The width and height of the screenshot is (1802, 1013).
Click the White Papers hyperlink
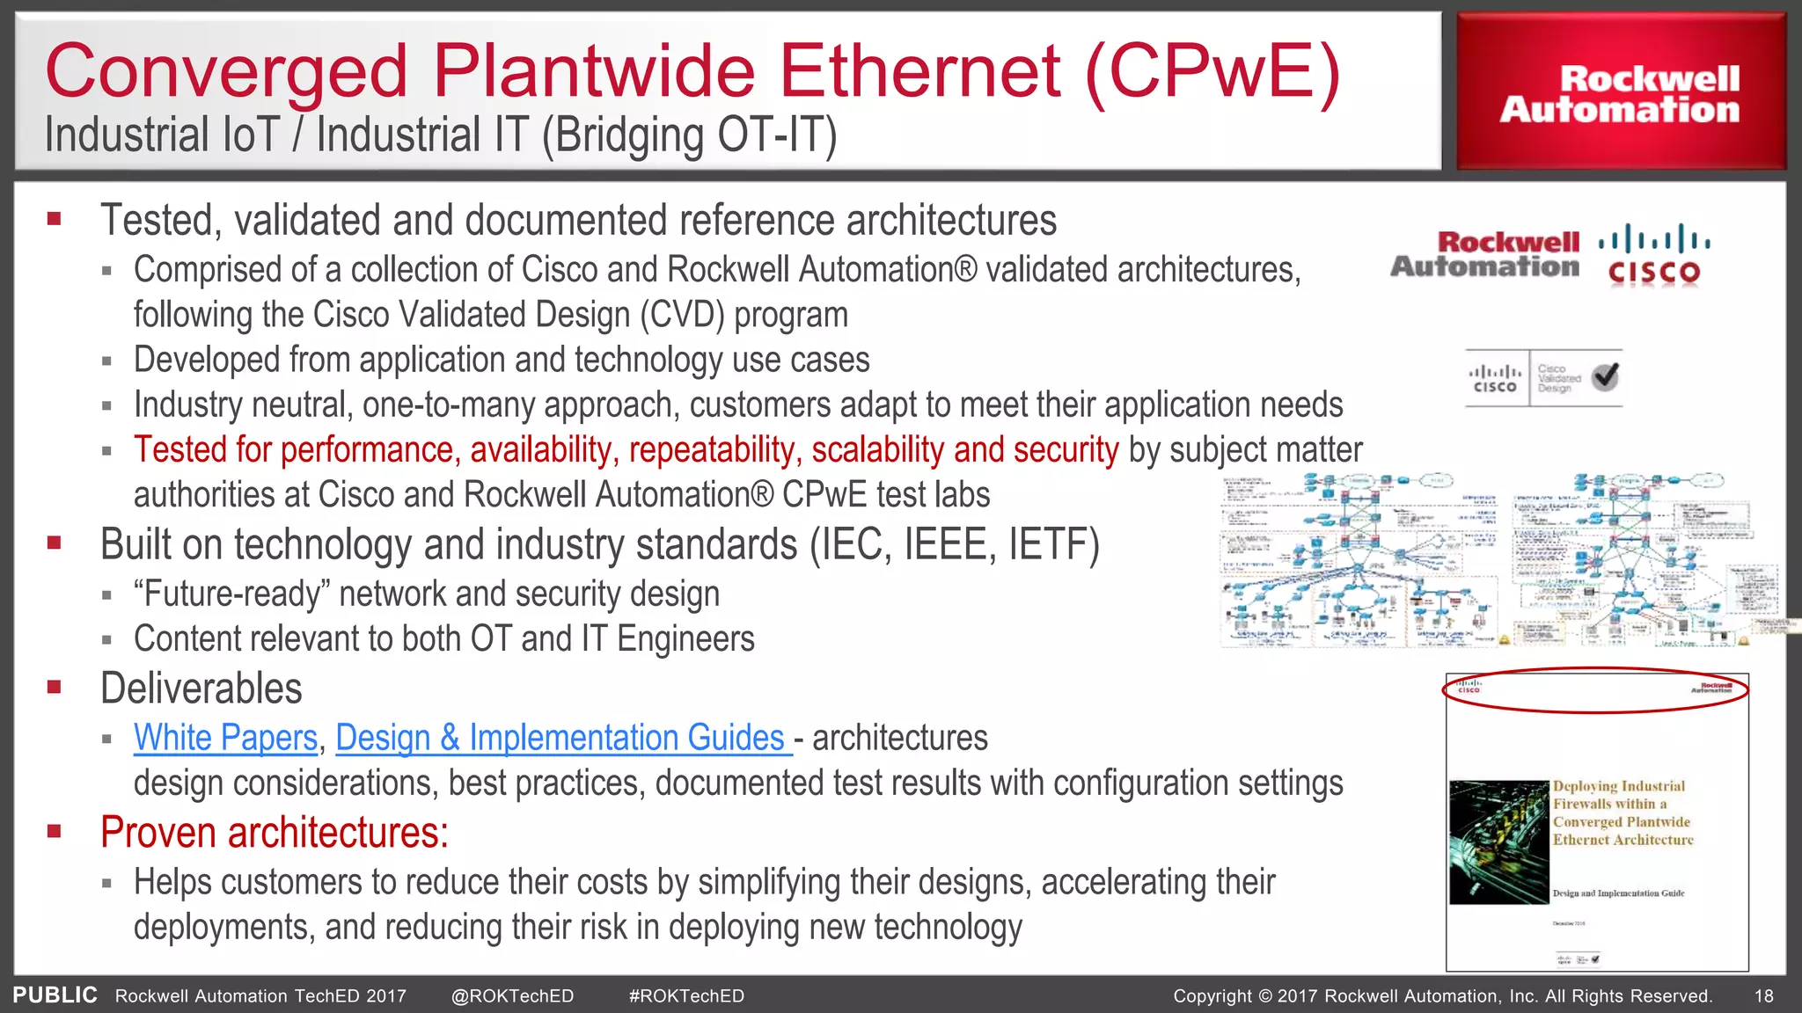pyautogui.click(x=225, y=738)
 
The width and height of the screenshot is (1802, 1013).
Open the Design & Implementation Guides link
pyautogui.click(x=560, y=738)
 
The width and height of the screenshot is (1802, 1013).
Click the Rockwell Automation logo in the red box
pyautogui.click(x=1620, y=94)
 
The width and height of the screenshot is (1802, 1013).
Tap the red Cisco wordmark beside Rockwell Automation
pyautogui.click(x=1653, y=273)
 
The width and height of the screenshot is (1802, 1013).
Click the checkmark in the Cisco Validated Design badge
pyautogui.click(x=1605, y=377)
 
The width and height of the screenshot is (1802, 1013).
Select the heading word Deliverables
pyautogui.click(x=201, y=689)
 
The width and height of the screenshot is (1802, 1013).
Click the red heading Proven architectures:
pyautogui.click(x=274, y=833)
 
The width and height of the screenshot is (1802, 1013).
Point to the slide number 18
pyautogui.click(x=1763, y=996)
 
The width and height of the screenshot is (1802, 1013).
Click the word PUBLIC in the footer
pyautogui.click(x=55, y=995)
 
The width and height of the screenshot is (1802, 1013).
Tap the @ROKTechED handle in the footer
pyautogui.click(x=512, y=996)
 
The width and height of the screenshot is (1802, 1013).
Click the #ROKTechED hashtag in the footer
pyautogui.click(x=686, y=996)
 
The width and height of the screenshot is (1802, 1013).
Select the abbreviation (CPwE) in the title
pyautogui.click(x=1212, y=70)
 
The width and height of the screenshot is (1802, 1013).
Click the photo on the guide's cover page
pyautogui.click(x=1498, y=842)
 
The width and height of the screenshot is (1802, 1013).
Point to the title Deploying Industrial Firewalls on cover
pyautogui.click(x=1622, y=813)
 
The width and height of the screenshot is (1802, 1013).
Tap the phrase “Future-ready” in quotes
pyautogui.click(x=231, y=594)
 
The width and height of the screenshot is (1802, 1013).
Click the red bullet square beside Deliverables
pyautogui.click(x=55, y=687)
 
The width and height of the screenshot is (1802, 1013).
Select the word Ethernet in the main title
pyautogui.click(x=919, y=70)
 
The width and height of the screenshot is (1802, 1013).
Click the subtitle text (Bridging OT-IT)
pyautogui.click(x=688, y=136)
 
